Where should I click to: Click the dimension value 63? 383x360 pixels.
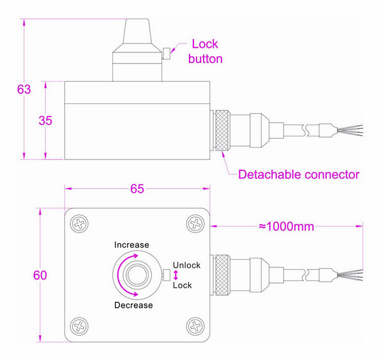pyautogui.click(x=24, y=89)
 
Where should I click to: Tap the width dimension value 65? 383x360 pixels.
pyautogui.click(x=137, y=188)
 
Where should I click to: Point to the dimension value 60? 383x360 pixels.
pyautogui.click(x=40, y=275)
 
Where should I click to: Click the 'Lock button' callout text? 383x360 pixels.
pyautogui.click(x=206, y=52)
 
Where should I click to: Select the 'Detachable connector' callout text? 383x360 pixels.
pyautogui.click(x=298, y=174)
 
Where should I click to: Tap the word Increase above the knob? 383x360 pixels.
pyautogui.click(x=131, y=245)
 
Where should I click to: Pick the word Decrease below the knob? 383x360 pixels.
pyautogui.click(x=133, y=304)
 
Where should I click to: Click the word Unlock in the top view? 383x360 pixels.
pyautogui.click(x=186, y=266)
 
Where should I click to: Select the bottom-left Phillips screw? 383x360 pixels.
pyautogui.click(x=80, y=327)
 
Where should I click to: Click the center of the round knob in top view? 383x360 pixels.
pyautogui.click(x=137, y=275)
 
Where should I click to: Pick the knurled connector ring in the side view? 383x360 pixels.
pyautogui.click(x=221, y=131)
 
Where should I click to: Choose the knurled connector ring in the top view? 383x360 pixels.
pyautogui.click(x=221, y=275)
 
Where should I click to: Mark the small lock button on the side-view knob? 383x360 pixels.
pyautogui.click(x=165, y=54)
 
